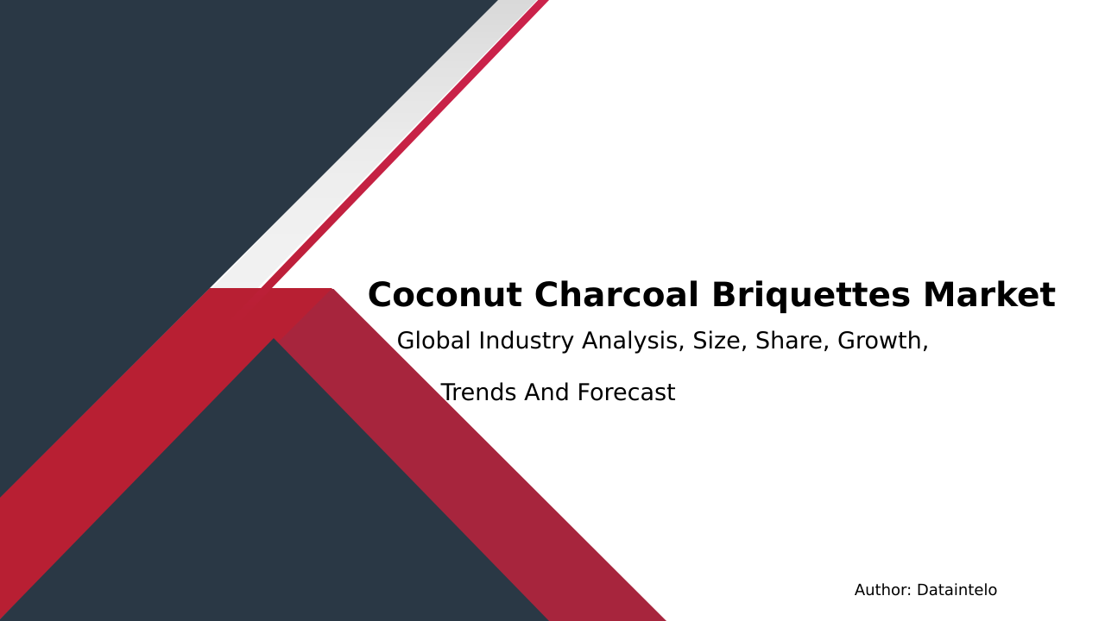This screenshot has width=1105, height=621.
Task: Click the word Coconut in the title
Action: (x=445, y=295)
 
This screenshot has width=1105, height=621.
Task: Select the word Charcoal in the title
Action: (x=616, y=295)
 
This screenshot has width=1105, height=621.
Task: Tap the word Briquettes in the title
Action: (x=811, y=296)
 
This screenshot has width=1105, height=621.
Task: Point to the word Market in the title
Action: (x=989, y=295)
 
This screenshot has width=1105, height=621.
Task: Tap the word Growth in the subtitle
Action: (x=880, y=341)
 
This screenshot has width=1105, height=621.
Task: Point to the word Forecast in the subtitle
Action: (x=627, y=392)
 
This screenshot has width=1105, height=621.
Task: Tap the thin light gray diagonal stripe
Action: (x=375, y=144)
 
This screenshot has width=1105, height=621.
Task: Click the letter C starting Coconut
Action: (x=382, y=295)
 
